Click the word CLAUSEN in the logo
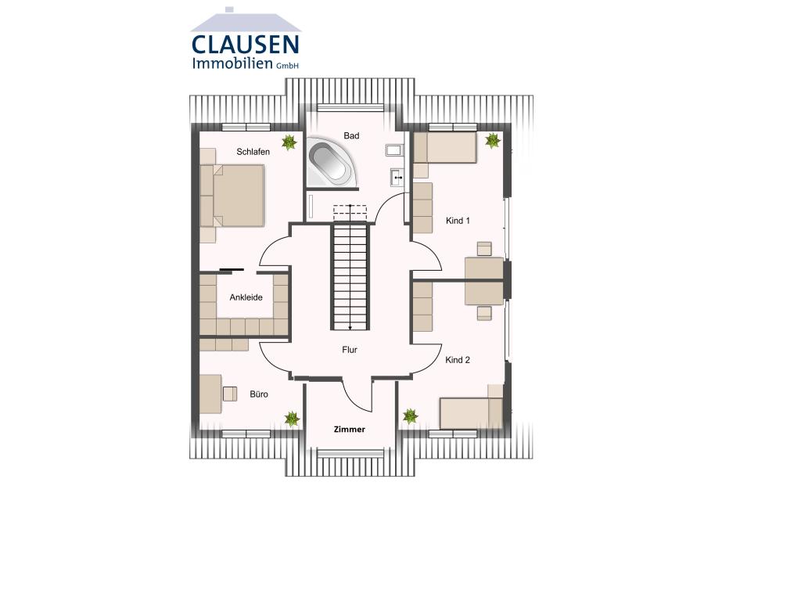point(245,44)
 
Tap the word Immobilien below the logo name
point(232,63)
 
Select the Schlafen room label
point(253,152)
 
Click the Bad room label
point(352,136)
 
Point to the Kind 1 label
point(458,221)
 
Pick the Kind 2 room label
point(458,360)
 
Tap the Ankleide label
point(246,297)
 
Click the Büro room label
point(259,394)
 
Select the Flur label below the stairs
point(350,350)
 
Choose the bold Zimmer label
point(350,430)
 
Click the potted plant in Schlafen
point(289,142)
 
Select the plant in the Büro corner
point(292,419)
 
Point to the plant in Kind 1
point(492,141)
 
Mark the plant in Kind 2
point(409,416)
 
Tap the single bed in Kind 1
point(444,148)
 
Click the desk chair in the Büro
point(230,394)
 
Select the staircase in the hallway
point(350,275)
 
